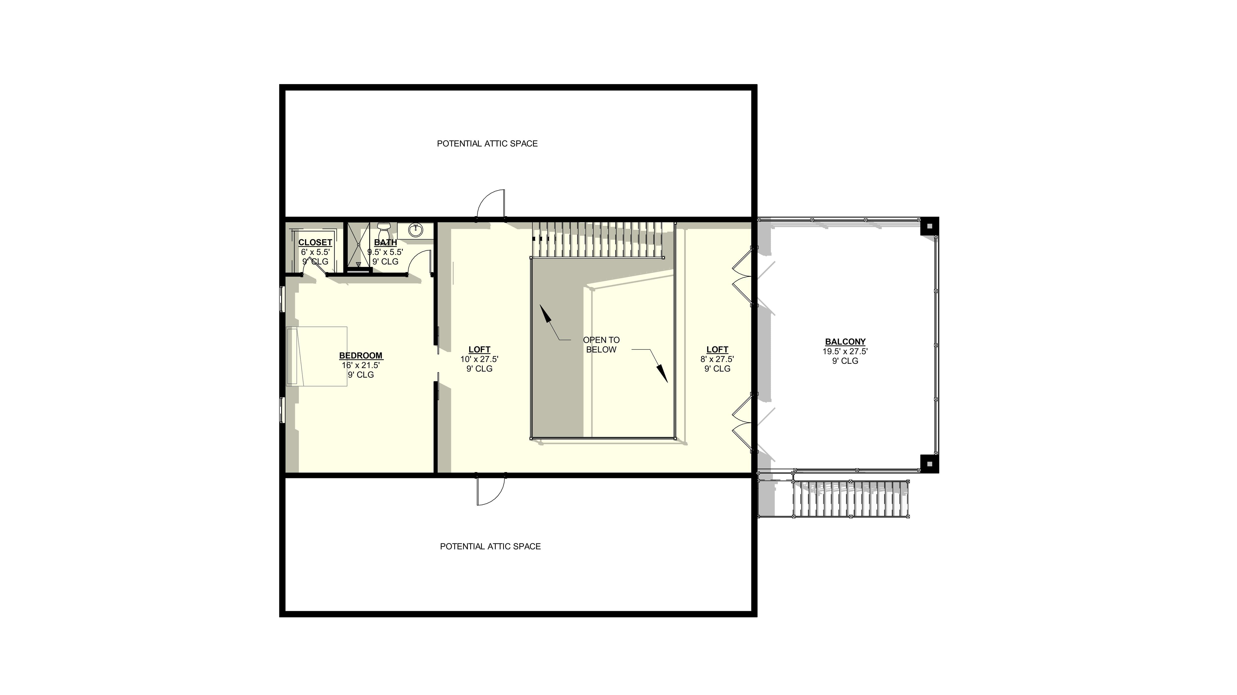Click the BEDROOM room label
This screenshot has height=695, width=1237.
[x=361, y=356]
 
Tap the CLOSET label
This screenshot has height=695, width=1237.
[x=315, y=242]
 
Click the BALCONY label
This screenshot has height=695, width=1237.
[x=845, y=342]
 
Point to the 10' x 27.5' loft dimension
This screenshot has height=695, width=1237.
[x=479, y=359]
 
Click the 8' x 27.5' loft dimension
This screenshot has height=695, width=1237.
[x=717, y=359]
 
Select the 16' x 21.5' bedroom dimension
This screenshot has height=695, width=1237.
[x=361, y=365]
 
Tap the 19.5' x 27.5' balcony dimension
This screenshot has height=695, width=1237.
[x=845, y=351]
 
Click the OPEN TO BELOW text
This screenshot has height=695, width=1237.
[x=601, y=345]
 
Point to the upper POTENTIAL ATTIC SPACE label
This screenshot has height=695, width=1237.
[x=487, y=143]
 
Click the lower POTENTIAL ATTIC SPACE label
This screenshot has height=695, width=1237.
[x=490, y=546]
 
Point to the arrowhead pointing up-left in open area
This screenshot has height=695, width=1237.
[x=545, y=313]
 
